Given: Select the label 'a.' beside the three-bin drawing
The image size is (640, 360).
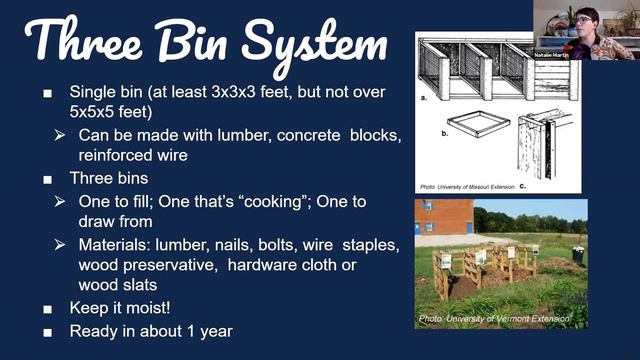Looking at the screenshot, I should (x=425, y=99).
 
